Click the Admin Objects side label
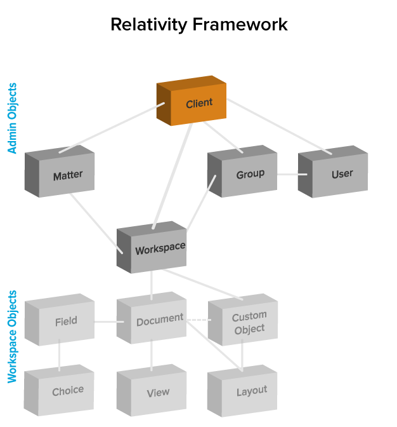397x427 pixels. pyautogui.click(x=12, y=118)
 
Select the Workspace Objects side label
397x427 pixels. pyautogui.click(x=12, y=337)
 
